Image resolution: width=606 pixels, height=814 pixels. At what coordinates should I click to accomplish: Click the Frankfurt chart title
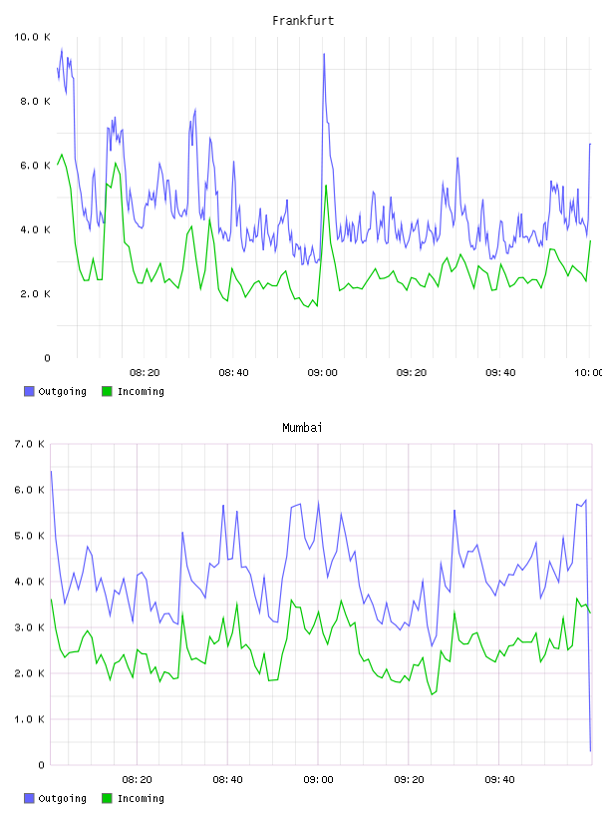(303, 21)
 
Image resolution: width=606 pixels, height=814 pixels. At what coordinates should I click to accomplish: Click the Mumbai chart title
(302, 428)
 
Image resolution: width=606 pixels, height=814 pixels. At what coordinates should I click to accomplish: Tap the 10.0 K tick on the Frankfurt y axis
(32, 37)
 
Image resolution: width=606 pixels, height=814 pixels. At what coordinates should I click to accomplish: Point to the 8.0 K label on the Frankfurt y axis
(35, 101)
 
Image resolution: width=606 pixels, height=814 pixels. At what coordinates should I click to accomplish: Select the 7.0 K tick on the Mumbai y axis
(30, 444)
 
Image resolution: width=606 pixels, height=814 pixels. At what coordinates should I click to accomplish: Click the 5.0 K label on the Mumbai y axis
(30, 536)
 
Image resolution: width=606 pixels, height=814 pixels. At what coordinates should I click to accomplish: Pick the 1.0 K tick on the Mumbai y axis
(30, 719)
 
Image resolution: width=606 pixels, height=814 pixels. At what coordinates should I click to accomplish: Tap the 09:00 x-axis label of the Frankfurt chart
(322, 373)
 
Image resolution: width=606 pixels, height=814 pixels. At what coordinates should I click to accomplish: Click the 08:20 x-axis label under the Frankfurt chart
(145, 373)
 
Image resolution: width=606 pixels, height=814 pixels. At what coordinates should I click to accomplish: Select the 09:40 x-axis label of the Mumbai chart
(499, 780)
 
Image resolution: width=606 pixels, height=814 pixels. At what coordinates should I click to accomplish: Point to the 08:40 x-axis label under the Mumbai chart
(228, 780)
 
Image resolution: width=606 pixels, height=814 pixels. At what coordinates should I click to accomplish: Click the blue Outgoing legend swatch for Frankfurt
(29, 391)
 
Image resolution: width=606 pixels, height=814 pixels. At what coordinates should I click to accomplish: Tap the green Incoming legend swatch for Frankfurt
(107, 391)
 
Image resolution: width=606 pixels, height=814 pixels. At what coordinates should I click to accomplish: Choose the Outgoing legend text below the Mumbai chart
(62, 798)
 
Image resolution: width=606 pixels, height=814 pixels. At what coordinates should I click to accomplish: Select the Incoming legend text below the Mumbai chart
(141, 798)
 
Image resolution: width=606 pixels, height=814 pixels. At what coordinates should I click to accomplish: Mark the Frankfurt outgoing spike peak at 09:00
(324, 54)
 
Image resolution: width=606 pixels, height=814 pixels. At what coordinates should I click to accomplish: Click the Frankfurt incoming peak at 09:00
(326, 186)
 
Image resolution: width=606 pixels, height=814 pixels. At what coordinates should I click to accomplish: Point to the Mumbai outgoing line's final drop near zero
(590, 751)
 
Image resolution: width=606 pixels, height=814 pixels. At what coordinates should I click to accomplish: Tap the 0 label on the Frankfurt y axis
(47, 358)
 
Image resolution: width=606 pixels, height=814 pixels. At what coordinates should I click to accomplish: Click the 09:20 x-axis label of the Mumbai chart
(409, 780)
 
